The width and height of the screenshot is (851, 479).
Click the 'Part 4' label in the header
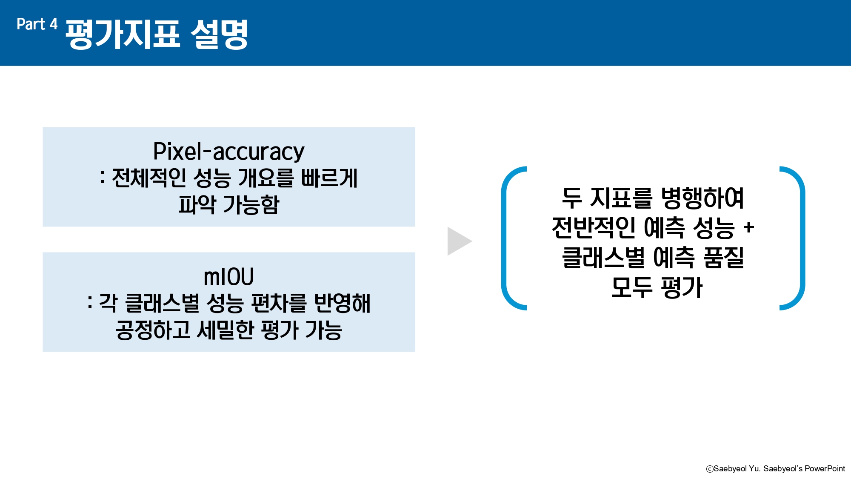coord(37,24)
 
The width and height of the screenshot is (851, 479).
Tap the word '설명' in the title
coord(219,34)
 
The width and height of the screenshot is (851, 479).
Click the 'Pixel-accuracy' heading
coord(229,152)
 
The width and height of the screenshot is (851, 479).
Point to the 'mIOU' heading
coord(229,277)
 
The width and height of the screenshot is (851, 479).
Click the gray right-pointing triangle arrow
coord(459,241)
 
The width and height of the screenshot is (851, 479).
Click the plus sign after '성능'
coord(749,228)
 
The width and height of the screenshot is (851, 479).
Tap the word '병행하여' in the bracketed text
coord(703,198)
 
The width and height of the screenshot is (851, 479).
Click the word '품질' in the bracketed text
coord(723,258)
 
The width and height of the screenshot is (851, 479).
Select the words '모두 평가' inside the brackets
coord(657,287)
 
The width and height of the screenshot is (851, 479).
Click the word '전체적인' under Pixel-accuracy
coord(148,178)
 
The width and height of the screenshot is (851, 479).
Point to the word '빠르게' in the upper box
coord(329,178)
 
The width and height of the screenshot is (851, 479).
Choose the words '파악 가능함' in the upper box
coord(229,205)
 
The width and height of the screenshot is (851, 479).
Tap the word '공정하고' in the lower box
coord(153,330)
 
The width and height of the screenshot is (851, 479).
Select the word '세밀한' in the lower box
coord(226,330)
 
